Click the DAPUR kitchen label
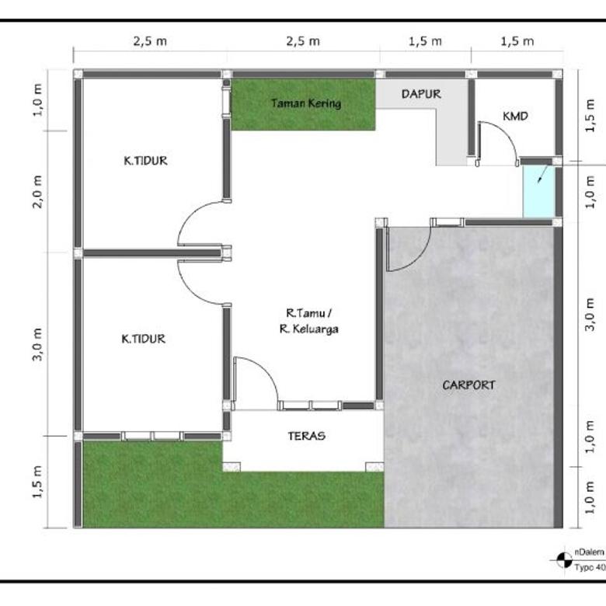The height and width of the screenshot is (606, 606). (421, 94)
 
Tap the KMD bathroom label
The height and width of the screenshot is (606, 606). (515, 116)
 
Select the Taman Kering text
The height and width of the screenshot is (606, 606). (305, 103)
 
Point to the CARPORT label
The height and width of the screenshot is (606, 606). (468, 385)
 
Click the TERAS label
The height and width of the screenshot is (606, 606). (306, 436)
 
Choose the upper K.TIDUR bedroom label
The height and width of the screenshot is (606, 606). (145, 161)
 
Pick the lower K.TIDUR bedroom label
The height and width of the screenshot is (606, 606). (144, 339)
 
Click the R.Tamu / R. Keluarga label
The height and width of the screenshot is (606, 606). (308, 321)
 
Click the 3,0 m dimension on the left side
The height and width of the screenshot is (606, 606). (37, 344)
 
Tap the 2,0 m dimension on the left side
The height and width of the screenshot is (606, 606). (37, 192)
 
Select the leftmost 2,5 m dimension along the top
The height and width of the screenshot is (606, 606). (150, 41)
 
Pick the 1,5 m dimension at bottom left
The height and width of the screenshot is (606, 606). (37, 482)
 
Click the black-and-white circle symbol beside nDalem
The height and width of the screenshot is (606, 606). (564, 560)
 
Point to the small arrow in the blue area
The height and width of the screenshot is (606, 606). (542, 174)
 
